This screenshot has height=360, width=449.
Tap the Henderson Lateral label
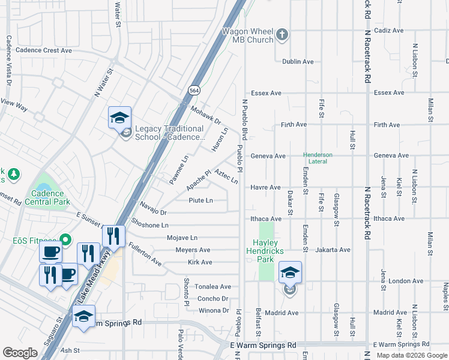click(x=318, y=158)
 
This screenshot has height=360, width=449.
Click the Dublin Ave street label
click(x=298, y=62)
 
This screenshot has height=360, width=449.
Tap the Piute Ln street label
click(x=201, y=200)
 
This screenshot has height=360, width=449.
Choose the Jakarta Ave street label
click(x=333, y=250)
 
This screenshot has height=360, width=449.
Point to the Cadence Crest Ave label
click(x=44, y=50)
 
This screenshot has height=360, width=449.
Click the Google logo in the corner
click(x=20, y=353)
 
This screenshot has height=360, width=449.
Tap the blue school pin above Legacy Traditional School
click(x=119, y=117)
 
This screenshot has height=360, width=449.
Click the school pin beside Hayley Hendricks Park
click(x=290, y=273)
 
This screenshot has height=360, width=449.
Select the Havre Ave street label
click(x=265, y=187)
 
